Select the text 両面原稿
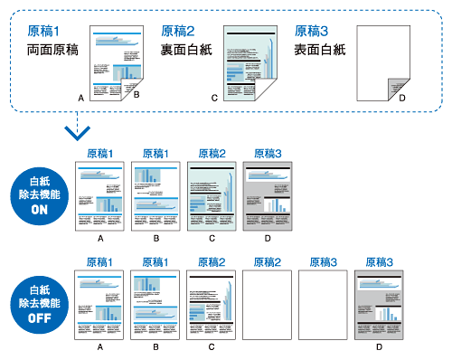click(x=51, y=51)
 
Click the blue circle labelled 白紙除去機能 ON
click(x=40, y=193)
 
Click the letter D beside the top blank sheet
click(x=402, y=96)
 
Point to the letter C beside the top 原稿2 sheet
click(x=214, y=96)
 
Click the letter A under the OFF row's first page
click(x=101, y=346)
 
